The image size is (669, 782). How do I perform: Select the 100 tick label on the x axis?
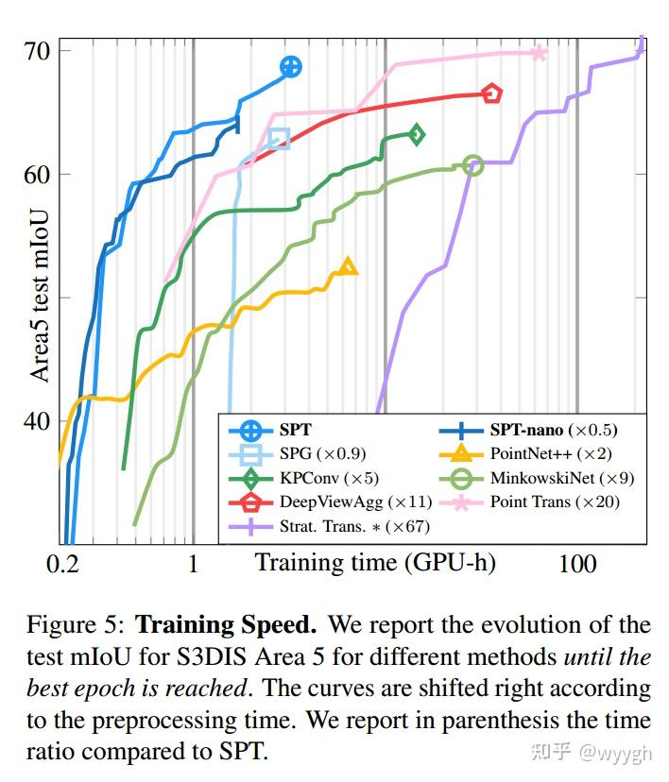pyautogui.click(x=576, y=564)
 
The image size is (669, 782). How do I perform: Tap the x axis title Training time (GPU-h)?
pyautogui.click(x=375, y=563)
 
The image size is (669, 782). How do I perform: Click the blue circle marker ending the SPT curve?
pyautogui.click(x=291, y=66)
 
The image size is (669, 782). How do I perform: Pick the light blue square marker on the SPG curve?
pyautogui.click(x=279, y=140)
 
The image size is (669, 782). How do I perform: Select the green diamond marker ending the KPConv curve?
pyautogui.click(x=415, y=134)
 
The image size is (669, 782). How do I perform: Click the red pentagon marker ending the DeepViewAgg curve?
pyautogui.click(x=491, y=93)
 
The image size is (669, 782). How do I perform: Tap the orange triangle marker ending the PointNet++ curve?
pyautogui.click(x=348, y=266)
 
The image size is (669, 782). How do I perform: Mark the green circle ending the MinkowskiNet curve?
pyautogui.click(x=473, y=165)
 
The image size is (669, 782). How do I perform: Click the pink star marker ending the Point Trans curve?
pyautogui.click(x=539, y=53)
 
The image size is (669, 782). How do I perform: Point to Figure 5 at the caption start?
pyautogui.click(x=76, y=624)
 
